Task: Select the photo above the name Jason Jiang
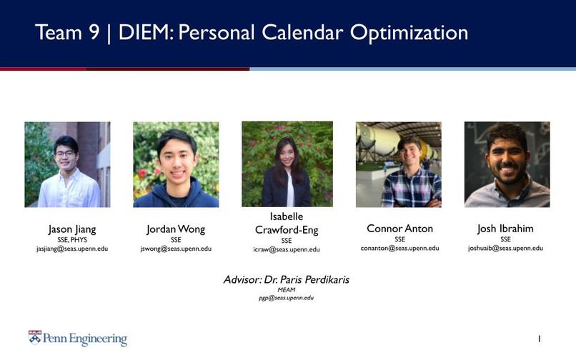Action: [x=67, y=164]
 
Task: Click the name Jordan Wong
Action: [x=176, y=229]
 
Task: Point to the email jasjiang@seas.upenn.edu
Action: [x=72, y=249]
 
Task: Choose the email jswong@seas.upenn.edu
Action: [x=176, y=249]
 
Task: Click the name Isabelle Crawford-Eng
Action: [x=287, y=224]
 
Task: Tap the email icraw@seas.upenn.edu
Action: [x=287, y=250]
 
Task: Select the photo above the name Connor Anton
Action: [x=398, y=164]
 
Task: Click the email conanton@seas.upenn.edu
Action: [x=399, y=249]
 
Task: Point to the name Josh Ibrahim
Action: [x=505, y=229]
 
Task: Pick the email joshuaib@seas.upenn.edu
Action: [x=505, y=249]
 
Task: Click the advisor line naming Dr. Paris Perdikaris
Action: [x=287, y=280]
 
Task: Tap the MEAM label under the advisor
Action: [x=286, y=290]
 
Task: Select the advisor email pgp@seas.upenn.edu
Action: [x=286, y=298]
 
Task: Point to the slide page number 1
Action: [x=539, y=338]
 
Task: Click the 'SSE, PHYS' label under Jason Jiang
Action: [x=72, y=240]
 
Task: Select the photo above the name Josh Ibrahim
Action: [x=507, y=164]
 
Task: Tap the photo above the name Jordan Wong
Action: [x=176, y=164]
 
